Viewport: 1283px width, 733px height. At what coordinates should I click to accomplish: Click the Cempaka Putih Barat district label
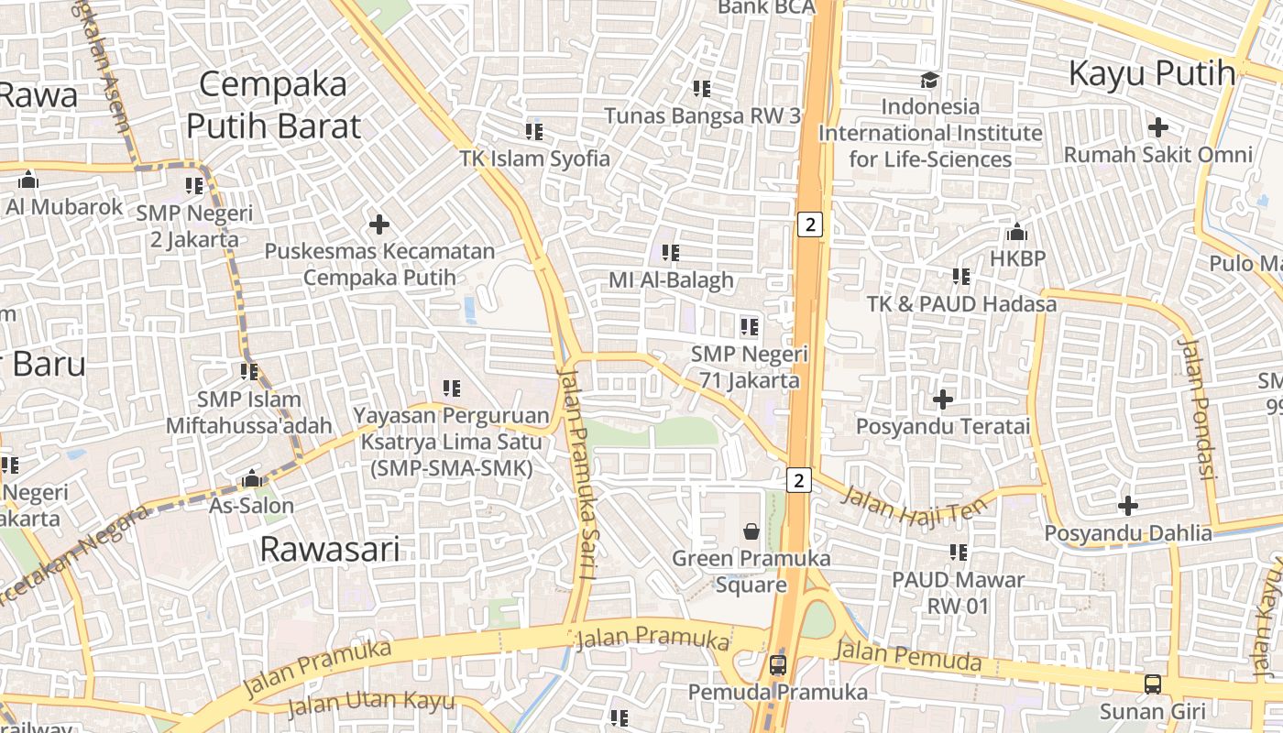273,104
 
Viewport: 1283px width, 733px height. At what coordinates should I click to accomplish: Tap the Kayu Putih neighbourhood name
1152,73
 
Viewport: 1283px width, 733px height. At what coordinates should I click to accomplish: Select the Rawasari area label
330,549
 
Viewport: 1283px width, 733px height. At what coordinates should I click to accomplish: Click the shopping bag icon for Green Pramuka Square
751,531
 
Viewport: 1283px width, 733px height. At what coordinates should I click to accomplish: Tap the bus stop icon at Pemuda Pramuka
777,664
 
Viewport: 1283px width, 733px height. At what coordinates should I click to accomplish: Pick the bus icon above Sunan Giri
1152,684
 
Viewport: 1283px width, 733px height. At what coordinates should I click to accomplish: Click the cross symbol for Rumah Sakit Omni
1158,126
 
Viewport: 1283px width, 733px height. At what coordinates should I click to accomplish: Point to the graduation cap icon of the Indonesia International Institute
929,80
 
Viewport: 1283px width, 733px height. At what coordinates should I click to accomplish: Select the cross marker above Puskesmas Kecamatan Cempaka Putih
378,224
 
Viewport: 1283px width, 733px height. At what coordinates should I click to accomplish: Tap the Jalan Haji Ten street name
915,506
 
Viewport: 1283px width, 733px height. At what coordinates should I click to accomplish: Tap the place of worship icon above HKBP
1016,232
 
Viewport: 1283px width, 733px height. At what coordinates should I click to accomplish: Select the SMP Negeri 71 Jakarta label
750,366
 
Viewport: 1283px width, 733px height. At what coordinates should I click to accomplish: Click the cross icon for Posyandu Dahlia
1128,506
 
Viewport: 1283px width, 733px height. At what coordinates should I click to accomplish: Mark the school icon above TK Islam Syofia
534,132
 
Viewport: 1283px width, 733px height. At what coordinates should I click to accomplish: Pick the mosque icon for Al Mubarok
28,180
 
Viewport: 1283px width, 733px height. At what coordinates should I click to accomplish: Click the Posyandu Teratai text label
943,426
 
